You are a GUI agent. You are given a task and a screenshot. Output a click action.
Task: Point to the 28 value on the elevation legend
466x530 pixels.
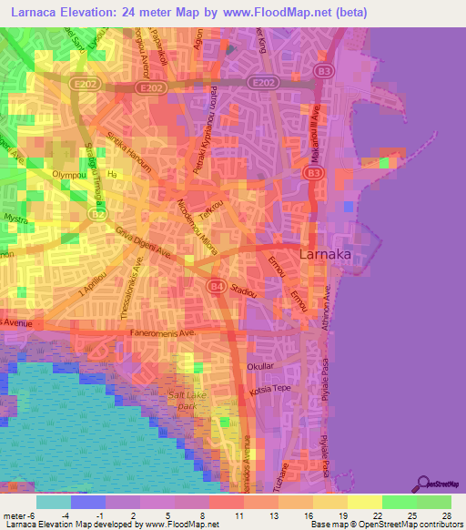(x=445, y=515)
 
